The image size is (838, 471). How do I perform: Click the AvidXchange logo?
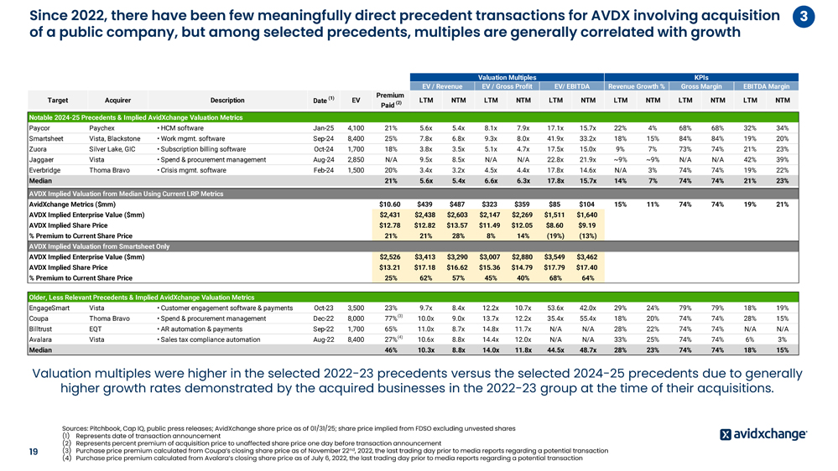[x=763, y=433]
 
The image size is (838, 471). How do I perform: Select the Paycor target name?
[x=39, y=127]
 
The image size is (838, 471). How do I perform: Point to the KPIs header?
[x=701, y=76]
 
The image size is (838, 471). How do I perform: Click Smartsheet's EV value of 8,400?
[x=355, y=138]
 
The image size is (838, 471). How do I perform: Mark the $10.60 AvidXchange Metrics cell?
[x=390, y=204]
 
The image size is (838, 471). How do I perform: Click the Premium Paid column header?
[x=390, y=101]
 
